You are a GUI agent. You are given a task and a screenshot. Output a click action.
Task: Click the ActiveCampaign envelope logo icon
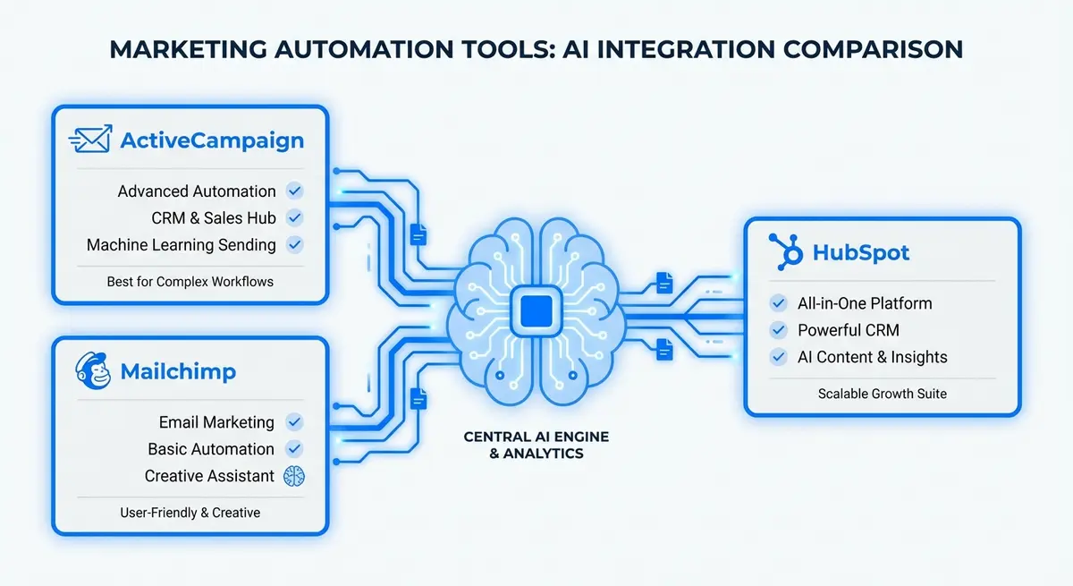pyautogui.click(x=90, y=140)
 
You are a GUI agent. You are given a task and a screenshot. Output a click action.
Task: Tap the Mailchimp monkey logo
pyautogui.click(x=94, y=371)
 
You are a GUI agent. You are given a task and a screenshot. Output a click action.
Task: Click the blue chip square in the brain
pyautogui.click(x=536, y=311)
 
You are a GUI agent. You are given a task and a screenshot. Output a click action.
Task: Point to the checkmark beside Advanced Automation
pyautogui.click(x=294, y=191)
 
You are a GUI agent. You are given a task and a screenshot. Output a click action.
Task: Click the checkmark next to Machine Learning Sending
pyautogui.click(x=294, y=244)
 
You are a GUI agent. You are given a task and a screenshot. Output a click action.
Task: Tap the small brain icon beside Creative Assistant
pyautogui.click(x=294, y=476)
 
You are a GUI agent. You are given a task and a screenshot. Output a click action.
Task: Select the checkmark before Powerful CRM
pyautogui.click(x=779, y=330)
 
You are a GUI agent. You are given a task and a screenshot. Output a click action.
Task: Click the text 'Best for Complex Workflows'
pyautogui.click(x=190, y=281)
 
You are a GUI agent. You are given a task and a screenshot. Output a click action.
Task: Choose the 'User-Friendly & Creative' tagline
pyautogui.click(x=190, y=513)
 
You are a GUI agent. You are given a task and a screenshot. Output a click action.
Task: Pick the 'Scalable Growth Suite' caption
pyautogui.click(x=882, y=393)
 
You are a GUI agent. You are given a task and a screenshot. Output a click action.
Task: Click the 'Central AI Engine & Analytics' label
pyautogui.click(x=523, y=445)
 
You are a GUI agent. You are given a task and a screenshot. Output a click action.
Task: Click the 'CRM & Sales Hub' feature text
pyautogui.click(x=214, y=217)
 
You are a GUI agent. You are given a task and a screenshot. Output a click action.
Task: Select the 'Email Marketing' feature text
pyautogui.click(x=216, y=422)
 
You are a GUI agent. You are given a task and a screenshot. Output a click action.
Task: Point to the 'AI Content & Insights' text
pyautogui.click(x=872, y=357)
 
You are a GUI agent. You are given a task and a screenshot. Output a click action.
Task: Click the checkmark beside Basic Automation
pyautogui.click(x=294, y=449)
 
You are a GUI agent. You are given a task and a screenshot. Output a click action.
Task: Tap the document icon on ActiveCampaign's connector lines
pyautogui.click(x=418, y=234)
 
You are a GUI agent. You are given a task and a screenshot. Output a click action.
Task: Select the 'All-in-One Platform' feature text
pyautogui.click(x=865, y=303)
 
